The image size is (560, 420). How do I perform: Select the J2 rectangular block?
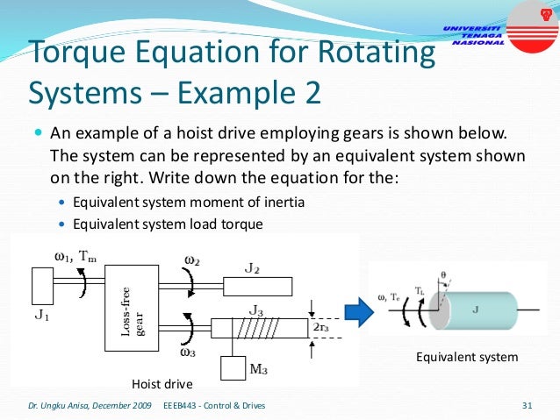coord(257,287)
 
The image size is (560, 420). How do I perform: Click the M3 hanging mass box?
coord(234,367)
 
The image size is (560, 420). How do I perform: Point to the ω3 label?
coord(189,352)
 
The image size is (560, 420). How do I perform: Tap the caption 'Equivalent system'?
coord(467,358)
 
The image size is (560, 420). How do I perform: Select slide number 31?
coord(527,406)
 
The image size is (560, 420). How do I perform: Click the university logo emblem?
coord(531,22)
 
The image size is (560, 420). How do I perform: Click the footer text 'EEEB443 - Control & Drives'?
coord(215,406)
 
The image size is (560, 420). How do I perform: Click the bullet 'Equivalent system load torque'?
coord(168,224)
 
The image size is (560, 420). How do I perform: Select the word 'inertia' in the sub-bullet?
coord(282,203)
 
